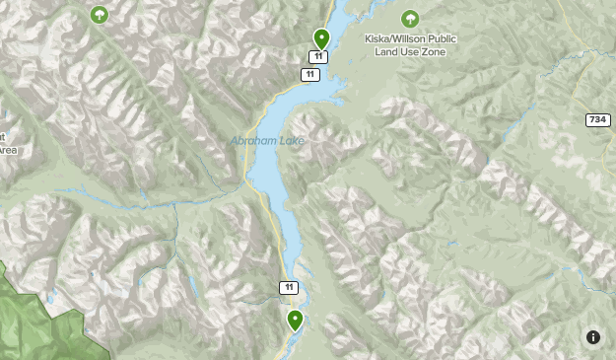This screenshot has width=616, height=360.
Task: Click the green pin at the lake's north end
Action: pos(320,38)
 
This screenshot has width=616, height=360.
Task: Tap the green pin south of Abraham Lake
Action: pos(295,320)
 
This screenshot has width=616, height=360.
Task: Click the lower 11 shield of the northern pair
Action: pos(310,75)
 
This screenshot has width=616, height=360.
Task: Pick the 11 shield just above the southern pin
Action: pos(287,288)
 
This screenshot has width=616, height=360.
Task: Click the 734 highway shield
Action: pos(597,119)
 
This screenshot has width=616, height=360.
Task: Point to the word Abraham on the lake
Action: pos(252,141)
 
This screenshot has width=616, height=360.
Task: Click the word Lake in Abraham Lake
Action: pos(292,141)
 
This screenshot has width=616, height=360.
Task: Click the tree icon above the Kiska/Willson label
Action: pos(410,19)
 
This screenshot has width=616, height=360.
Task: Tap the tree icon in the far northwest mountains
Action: pos(99,15)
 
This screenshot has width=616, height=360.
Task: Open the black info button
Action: pos(593,337)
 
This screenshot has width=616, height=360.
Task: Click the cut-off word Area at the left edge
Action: pos(8,151)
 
